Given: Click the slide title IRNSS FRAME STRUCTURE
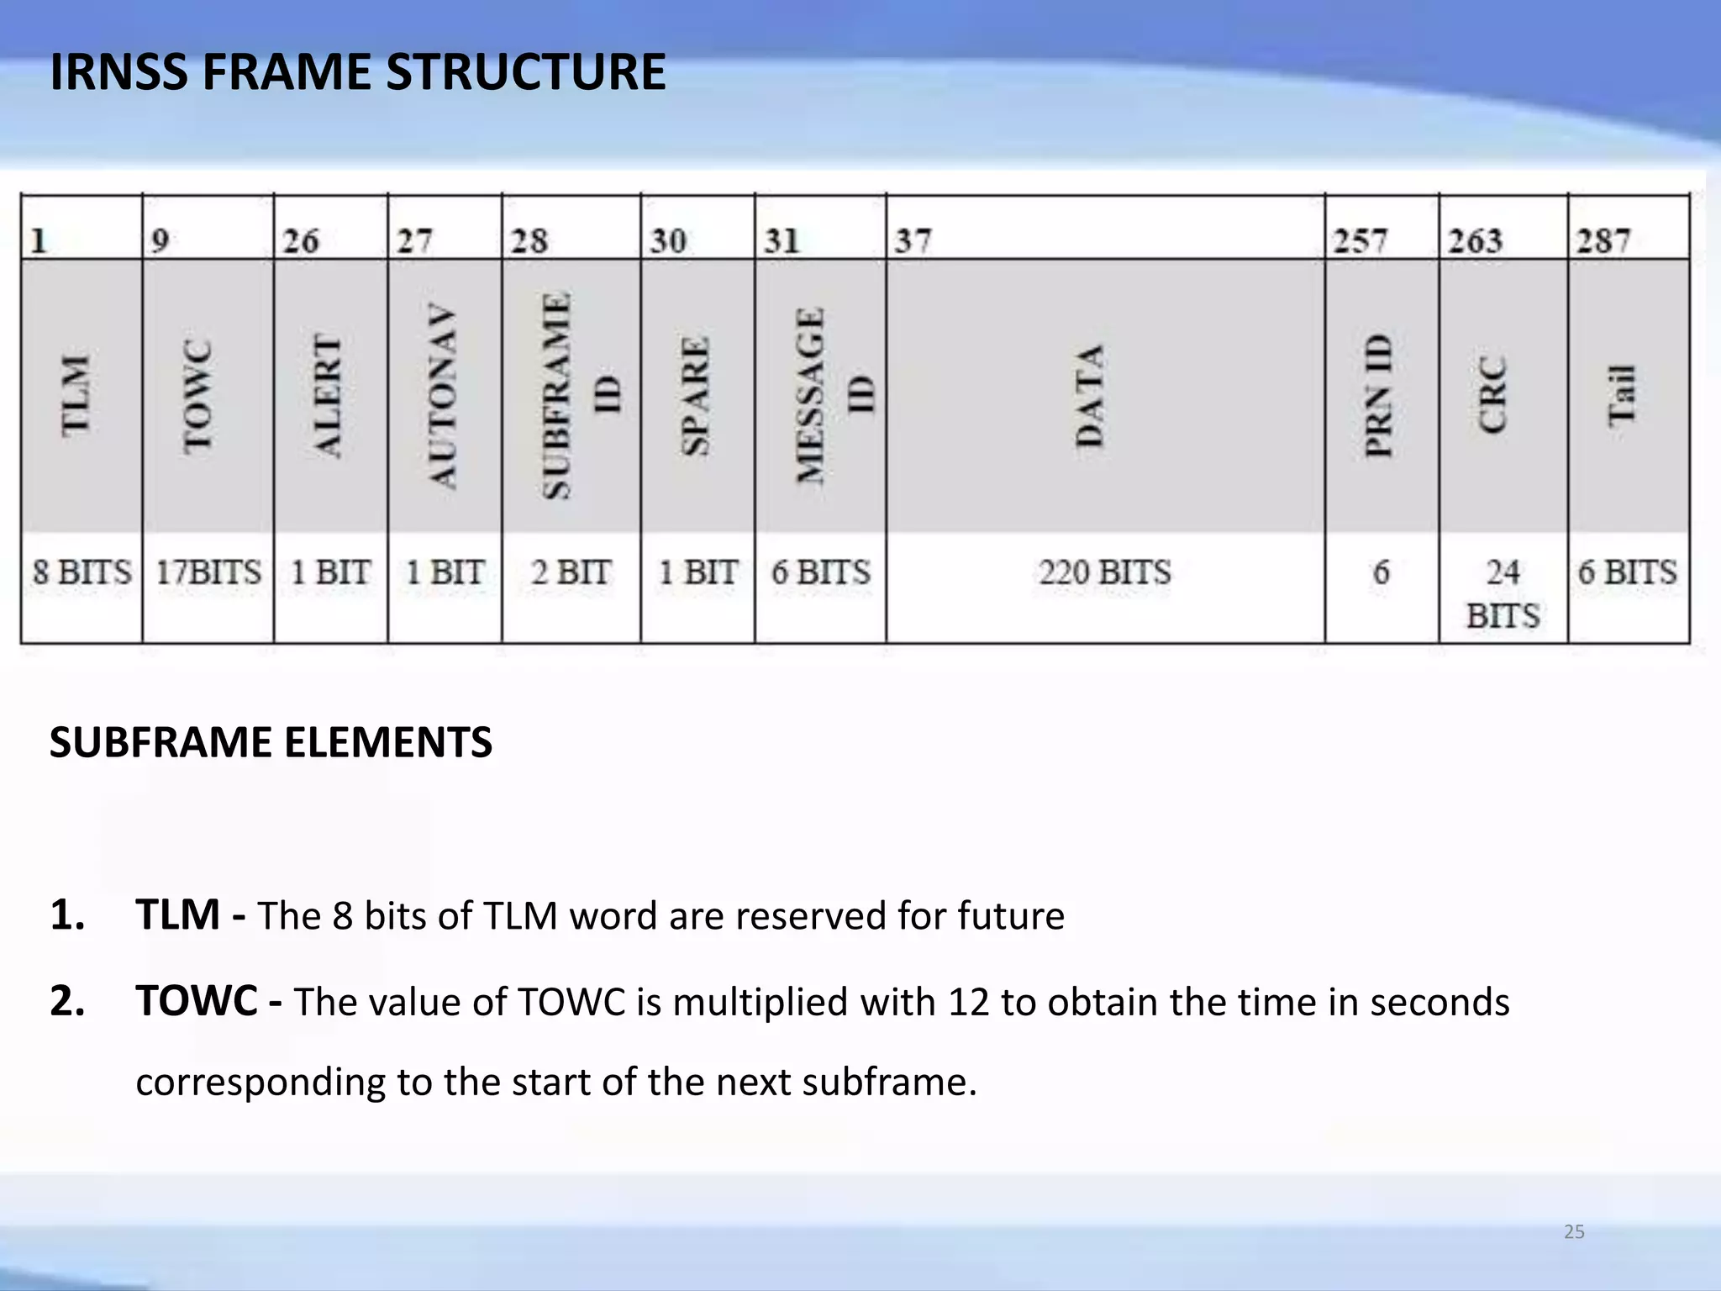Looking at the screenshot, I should tap(357, 72).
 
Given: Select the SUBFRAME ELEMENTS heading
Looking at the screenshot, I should tap(271, 742).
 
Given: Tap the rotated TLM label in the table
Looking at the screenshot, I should tap(76, 395).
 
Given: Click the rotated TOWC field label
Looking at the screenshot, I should tap(198, 397).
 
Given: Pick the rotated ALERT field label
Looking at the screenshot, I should tap(328, 396).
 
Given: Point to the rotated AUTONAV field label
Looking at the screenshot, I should tap(443, 396).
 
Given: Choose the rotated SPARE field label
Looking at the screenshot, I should tap(696, 396).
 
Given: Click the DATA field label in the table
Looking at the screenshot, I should tap(1089, 396).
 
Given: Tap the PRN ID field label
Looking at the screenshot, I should tap(1378, 396).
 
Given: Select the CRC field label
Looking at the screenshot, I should tap(1493, 396).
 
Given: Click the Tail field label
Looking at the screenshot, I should tap(1622, 396).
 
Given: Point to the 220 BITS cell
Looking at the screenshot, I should tap(1104, 573).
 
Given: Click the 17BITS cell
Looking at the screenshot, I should tap(208, 573).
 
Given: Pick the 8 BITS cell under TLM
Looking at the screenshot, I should tap(82, 573).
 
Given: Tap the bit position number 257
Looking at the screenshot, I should tap(1360, 241).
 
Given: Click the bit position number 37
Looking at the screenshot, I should tap(913, 241).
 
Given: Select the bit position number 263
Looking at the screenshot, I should tap(1475, 241).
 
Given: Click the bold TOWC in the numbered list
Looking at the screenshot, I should tap(197, 1001).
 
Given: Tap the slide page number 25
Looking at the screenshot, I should tap(1574, 1232).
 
